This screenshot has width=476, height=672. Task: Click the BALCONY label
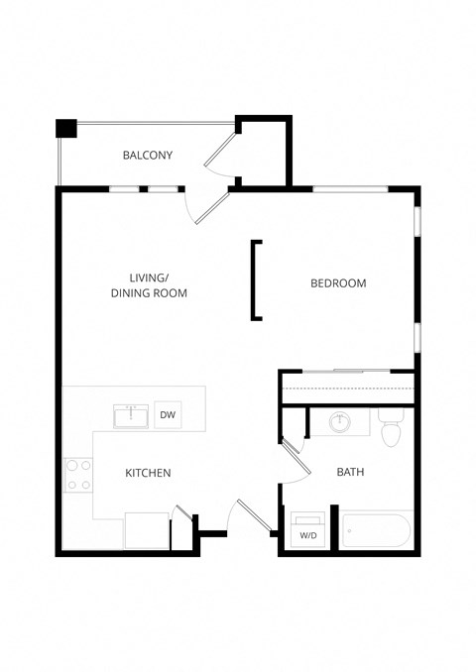pos(148,156)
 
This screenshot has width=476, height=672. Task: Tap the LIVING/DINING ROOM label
pos(148,285)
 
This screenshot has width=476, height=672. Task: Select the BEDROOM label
pos(338,283)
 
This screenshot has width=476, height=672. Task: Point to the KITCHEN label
pos(148,474)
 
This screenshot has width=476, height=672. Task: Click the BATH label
pos(350,473)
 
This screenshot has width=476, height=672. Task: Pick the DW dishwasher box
pos(168,415)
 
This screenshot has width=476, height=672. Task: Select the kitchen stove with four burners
pos(78,475)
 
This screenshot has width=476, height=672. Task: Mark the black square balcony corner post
pos(66,128)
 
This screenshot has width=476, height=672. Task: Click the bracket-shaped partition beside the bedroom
pos(256,280)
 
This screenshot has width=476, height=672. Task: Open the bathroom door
pos(295,460)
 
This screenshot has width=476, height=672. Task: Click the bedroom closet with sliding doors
pos(346,386)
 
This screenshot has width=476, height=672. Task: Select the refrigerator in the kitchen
pos(147,530)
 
